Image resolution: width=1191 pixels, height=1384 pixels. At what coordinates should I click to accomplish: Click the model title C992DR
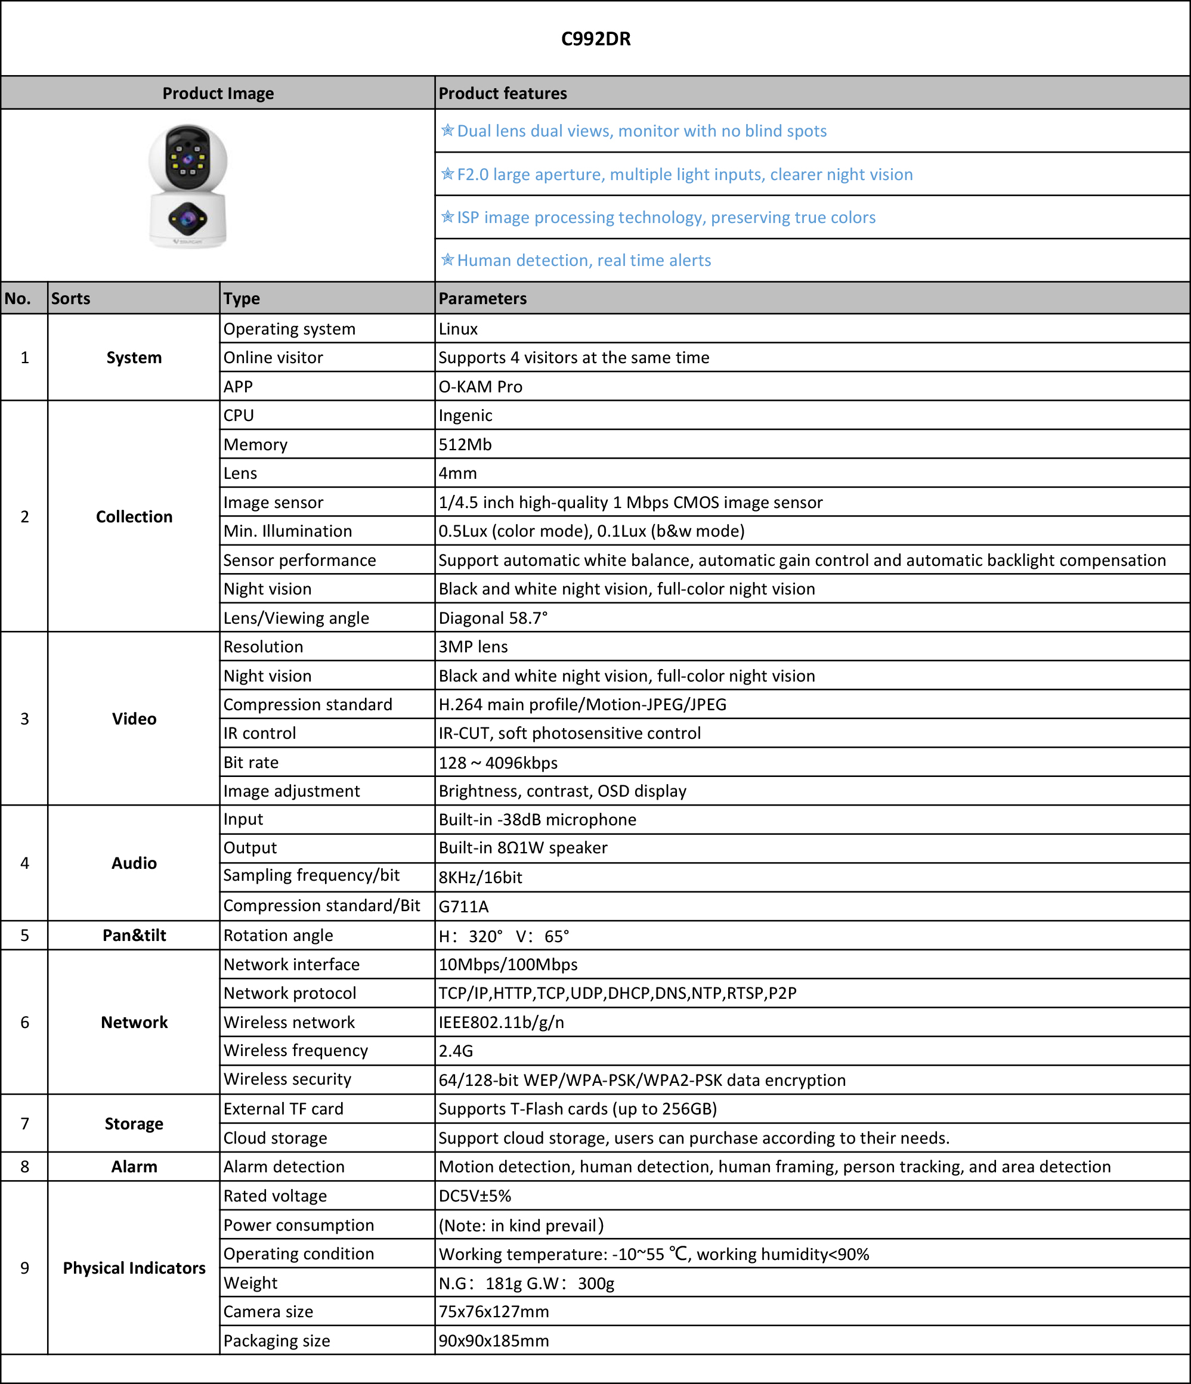(595, 39)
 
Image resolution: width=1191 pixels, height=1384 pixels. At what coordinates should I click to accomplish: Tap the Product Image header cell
(218, 93)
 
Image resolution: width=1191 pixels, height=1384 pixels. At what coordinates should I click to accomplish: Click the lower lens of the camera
(188, 218)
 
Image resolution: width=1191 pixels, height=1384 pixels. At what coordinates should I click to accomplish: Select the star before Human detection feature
(447, 260)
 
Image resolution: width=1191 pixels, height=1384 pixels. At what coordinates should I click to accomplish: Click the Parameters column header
(482, 299)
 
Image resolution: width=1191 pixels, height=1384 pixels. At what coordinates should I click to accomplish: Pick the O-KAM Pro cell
(480, 387)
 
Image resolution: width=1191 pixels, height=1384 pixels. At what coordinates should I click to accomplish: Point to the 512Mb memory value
(465, 444)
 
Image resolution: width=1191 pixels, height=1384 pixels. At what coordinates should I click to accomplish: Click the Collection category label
(134, 516)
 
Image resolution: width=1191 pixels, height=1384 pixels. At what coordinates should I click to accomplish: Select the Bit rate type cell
(251, 762)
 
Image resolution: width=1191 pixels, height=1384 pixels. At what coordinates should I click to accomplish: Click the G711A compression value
(463, 906)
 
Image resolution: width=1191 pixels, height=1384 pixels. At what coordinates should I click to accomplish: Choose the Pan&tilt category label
(134, 935)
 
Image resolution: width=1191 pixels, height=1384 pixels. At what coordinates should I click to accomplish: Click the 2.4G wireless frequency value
(456, 1051)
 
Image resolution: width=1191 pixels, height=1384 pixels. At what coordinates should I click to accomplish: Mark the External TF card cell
(283, 1109)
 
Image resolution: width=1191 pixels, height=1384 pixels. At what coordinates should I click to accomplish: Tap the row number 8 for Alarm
(24, 1166)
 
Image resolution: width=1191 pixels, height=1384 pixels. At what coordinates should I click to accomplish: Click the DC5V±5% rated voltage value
(474, 1196)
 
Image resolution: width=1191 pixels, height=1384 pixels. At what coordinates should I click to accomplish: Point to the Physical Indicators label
(134, 1268)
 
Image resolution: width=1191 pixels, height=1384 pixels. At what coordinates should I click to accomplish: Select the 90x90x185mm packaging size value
(494, 1340)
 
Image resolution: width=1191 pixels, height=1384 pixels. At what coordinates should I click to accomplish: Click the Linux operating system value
(458, 329)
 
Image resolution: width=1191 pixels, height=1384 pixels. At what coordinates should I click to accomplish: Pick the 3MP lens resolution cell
(473, 646)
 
